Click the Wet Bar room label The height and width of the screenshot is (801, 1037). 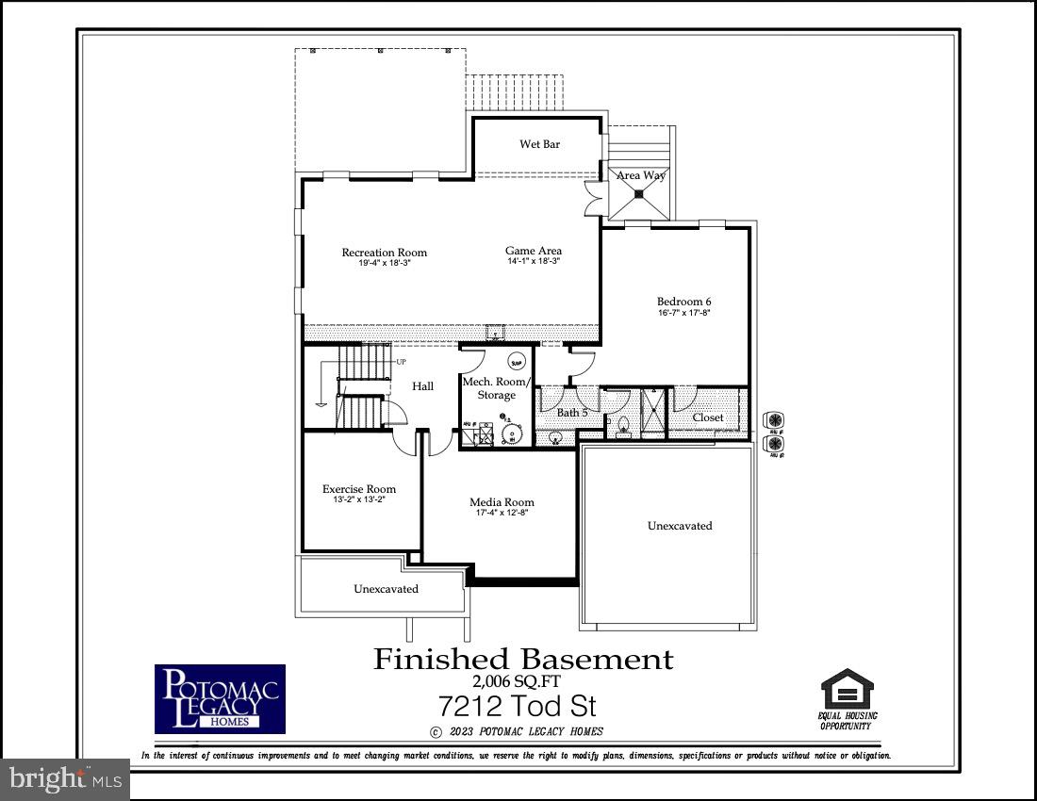539,144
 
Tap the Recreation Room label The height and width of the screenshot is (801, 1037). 384,253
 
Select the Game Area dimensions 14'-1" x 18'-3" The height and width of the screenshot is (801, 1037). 534,261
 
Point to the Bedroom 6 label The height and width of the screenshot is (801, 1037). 683,302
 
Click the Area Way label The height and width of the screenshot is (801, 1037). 640,175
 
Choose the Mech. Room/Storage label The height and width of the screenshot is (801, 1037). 496,388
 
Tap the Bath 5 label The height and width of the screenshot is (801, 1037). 572,413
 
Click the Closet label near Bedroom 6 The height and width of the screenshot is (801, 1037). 708,417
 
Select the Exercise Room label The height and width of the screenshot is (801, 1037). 359,489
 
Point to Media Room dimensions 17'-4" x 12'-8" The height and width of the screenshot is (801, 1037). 502,513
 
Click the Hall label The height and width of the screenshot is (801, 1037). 423,386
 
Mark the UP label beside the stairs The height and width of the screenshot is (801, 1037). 402,362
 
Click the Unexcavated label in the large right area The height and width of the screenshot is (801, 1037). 680,526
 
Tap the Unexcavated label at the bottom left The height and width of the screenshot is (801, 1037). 386,589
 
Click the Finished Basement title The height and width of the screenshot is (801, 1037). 524,659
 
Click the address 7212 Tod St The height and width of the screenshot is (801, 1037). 518,706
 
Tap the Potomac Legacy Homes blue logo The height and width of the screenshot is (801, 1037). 220,698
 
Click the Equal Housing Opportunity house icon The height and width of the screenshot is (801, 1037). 848,689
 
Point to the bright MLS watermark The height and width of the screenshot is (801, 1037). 63,779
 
